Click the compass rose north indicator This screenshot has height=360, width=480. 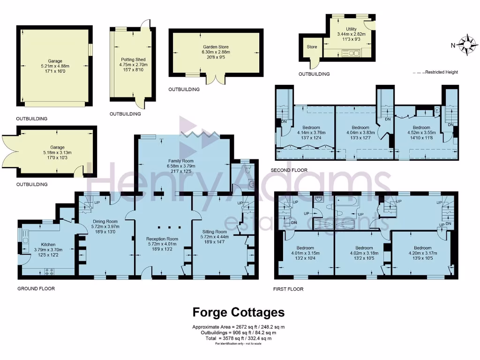point(467,45)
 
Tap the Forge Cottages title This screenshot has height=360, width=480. point(239,312)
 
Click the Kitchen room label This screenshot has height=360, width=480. point(48,245)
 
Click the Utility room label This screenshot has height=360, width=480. point(347,29)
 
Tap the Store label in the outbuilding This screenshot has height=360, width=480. point(312,47)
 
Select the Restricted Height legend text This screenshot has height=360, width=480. point(441,72)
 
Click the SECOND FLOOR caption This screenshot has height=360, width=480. point(289,171)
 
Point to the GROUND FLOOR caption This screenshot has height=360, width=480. point(36,289)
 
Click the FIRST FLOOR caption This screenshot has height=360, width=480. point(288,289)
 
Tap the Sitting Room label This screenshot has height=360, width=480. point(215,232)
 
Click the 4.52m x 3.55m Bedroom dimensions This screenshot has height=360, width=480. point(421,132)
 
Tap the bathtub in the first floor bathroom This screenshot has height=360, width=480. point(347,202)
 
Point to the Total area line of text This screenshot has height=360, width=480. point(239,338)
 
